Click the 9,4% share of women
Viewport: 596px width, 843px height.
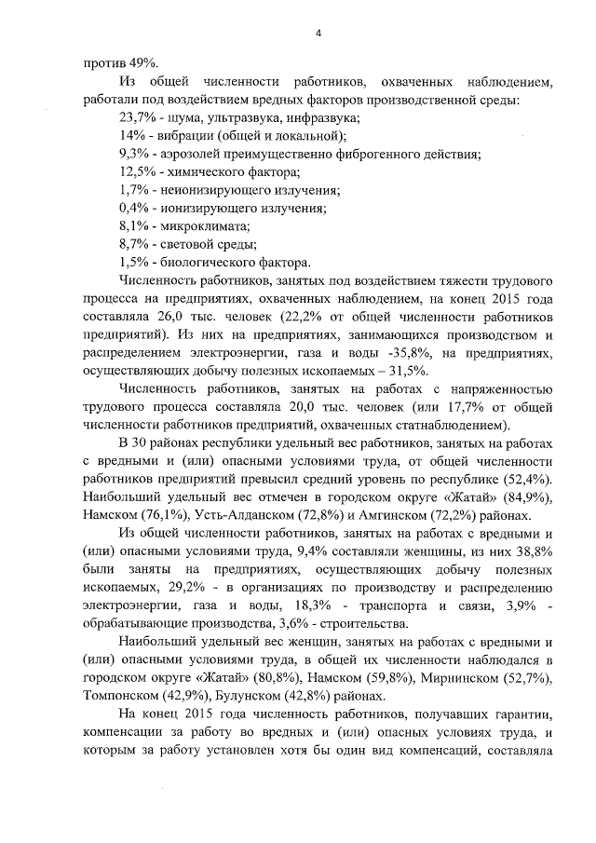click(312, 552)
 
